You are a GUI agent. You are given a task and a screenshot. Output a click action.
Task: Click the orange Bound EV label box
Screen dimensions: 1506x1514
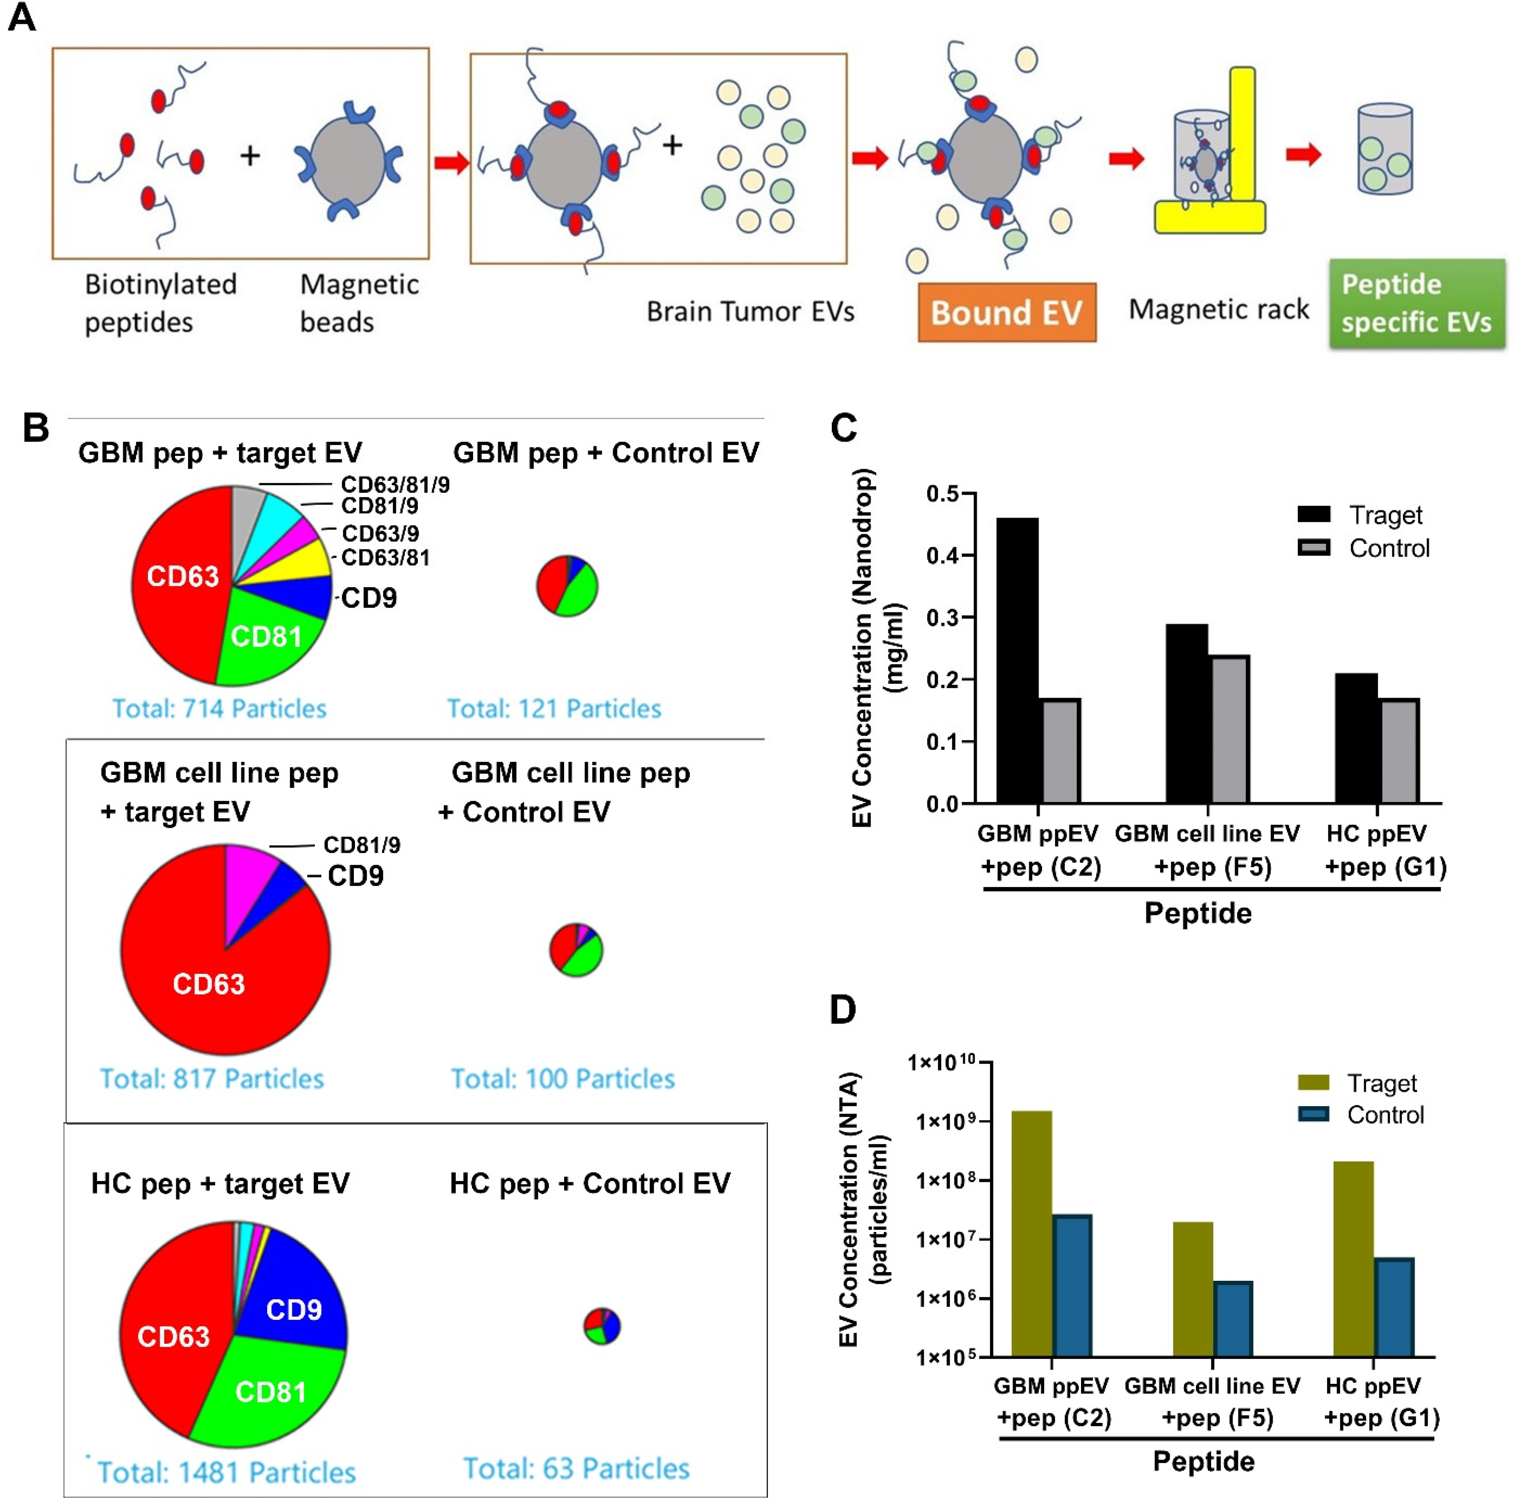coord(1006,312)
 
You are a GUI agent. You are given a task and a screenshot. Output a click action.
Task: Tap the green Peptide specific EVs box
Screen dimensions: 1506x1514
coord(1416,304)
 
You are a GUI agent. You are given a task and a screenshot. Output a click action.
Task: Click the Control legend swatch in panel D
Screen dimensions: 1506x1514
coord(1313,1114)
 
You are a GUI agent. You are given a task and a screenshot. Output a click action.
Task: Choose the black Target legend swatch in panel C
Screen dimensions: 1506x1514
coord(1313,514)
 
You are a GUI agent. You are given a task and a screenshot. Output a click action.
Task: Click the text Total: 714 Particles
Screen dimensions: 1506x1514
coord(219,709)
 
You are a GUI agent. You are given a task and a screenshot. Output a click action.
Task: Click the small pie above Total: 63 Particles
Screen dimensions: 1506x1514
coord(602,1326)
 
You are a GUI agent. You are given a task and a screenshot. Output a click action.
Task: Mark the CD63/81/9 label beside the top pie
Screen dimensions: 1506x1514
coord(395,484)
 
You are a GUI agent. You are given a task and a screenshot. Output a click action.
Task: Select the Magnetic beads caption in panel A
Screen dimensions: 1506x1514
coord(359,303)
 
